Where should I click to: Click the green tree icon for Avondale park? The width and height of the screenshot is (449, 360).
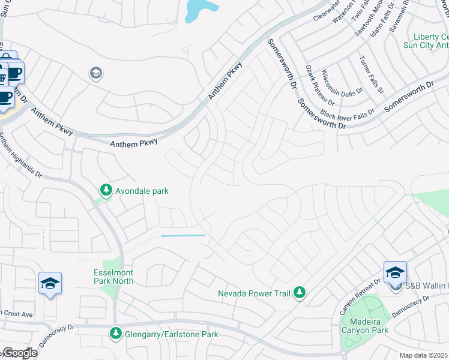pos(106,190)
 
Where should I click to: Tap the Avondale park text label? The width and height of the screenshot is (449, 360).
pos(142,191)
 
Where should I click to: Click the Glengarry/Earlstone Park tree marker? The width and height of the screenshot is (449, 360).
pos(115,332)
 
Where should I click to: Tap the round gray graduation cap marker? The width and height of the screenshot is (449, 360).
pos(95,73)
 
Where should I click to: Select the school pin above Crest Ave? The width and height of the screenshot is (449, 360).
pos(50,283)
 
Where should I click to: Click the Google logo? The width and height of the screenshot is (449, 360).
pos(19,353)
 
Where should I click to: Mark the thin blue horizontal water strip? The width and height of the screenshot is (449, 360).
pos(183,236)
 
